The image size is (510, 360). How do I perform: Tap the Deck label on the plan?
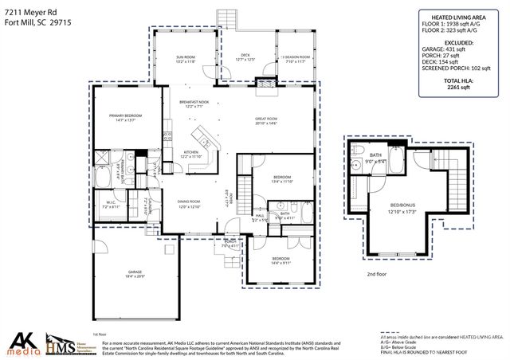pos(246,56)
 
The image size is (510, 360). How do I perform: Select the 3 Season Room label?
pos(296,57)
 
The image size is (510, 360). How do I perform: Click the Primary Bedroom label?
pos(127,117)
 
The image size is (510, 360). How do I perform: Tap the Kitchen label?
pos(191,154)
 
